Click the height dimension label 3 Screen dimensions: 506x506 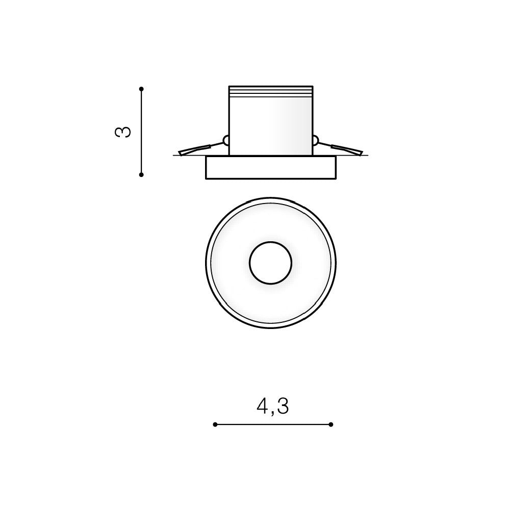123,132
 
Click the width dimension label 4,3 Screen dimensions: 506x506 273,406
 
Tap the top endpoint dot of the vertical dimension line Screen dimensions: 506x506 141,89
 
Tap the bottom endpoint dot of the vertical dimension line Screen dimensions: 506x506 141,174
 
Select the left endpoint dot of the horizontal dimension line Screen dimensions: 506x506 215,424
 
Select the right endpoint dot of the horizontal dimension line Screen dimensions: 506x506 331,424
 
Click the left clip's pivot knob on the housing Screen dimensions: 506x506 226,140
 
